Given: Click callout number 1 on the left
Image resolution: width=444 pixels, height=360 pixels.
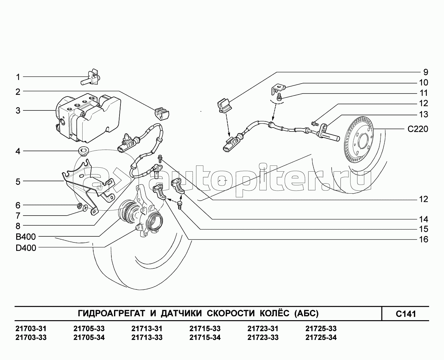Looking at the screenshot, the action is [18, 77].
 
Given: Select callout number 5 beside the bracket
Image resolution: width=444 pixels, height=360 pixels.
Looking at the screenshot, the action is [18, 182].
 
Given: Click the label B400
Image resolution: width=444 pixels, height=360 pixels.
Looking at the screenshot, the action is [26, 237].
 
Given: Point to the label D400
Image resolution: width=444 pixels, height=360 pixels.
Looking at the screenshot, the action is [26, 248].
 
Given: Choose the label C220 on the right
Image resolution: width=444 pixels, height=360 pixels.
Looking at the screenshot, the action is [418, 129].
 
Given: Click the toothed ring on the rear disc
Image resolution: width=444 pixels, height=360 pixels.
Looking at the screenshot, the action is [359, 140].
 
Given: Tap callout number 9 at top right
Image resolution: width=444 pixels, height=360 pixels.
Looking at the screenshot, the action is [426, 72].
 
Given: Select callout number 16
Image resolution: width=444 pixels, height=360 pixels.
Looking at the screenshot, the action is [424, 239].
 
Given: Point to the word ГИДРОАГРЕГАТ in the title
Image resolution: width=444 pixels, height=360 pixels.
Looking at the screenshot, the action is [111, 313].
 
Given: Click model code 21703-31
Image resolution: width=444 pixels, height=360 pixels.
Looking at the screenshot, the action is [31, 329].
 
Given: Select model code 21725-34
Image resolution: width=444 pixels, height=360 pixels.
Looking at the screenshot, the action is [321, 337].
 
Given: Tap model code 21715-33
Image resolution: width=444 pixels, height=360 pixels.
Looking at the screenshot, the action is [205, 329].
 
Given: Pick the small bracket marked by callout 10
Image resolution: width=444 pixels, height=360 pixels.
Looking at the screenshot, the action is [278, 89].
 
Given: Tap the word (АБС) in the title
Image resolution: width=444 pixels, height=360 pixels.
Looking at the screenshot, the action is [306, 313].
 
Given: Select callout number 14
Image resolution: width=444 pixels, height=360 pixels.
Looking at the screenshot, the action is [424, 219].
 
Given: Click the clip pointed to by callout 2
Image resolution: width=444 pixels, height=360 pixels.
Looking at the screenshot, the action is [162, 114].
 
